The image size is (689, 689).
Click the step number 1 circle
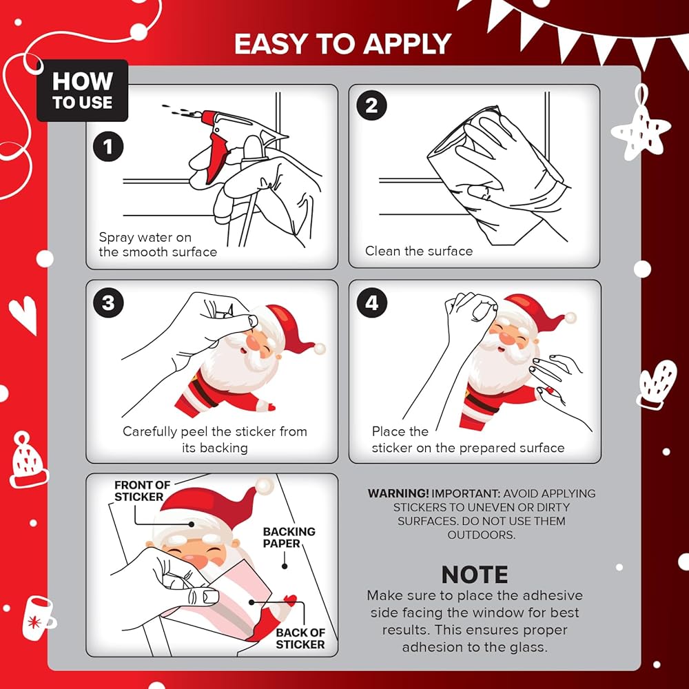click(108, 146)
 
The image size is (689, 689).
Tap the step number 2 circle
click(372, 105)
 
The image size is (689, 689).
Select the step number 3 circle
click(108, 302)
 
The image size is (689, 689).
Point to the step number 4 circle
click(372, 302)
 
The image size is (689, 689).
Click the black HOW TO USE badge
click(83, 90)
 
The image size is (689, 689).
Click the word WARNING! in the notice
click(398, 493)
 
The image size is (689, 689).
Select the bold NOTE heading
click(475, 575)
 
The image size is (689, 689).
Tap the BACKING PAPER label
click(289, 537)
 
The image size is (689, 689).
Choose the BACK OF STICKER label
click(300, 639)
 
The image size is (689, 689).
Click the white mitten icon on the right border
click(656, 384)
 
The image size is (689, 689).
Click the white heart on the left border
click(23, 313)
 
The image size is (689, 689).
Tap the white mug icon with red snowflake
click(38, 618)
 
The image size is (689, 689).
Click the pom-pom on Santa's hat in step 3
click(320, 349)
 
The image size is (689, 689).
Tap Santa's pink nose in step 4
click(508, 338)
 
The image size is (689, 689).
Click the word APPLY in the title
click(407, 44)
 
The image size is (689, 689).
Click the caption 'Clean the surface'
click(419, 251)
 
